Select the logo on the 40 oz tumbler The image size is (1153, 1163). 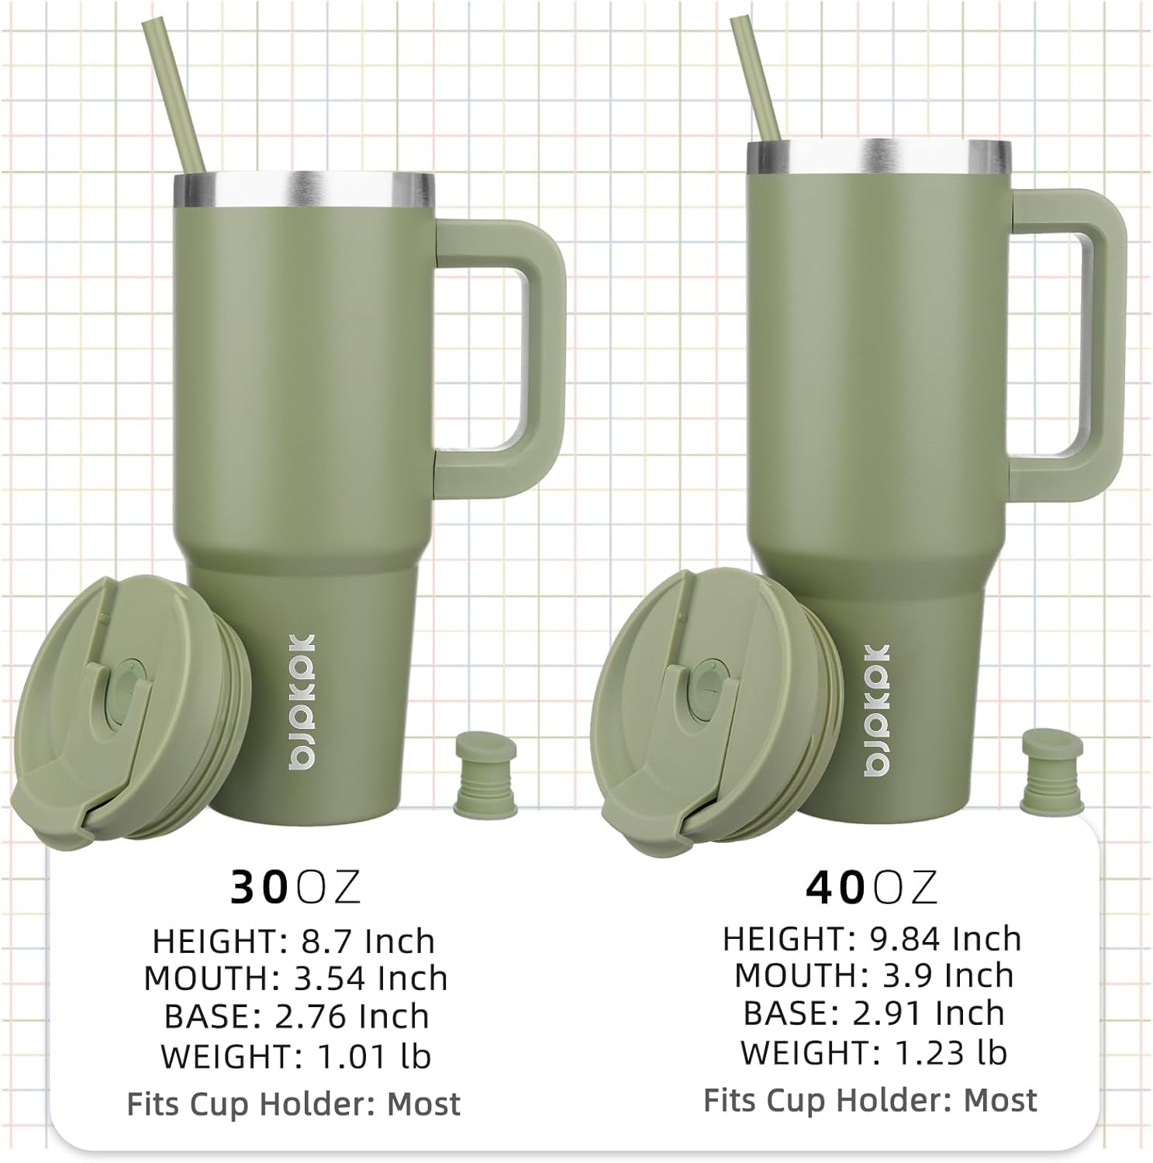click(x=877, y=709)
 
